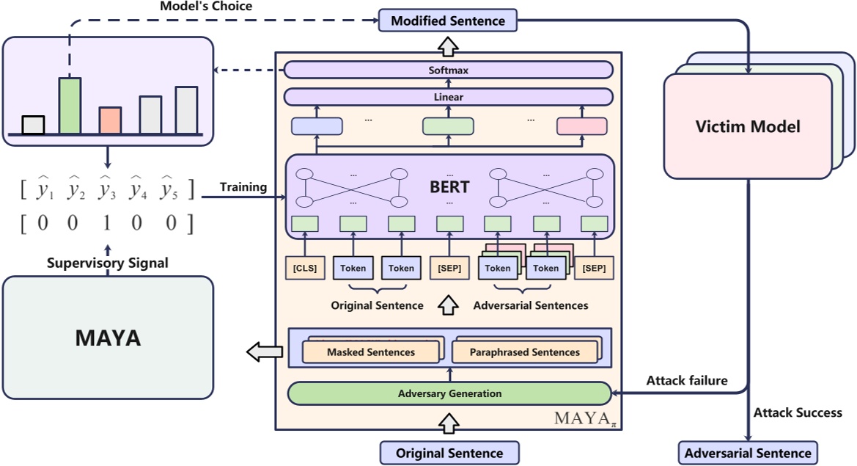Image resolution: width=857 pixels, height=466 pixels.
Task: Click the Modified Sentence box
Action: (448, 21)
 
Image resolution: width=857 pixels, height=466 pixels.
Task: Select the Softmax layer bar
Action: (448, 70)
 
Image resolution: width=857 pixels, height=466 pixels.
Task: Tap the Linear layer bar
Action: (448, 97)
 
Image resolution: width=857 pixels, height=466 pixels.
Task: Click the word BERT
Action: (449, 186)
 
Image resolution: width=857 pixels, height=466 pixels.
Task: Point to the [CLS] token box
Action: (305, 268)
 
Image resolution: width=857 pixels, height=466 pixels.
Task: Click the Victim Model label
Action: (748, 126)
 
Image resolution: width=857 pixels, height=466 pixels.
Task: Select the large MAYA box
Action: (108, 338)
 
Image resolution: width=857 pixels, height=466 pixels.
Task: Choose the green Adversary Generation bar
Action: (449, 393)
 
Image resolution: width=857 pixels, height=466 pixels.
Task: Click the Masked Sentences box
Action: (371, 352)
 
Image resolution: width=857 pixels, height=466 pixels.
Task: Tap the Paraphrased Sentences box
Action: (525, 352)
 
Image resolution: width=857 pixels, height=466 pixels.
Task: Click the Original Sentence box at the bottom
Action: (449, 453)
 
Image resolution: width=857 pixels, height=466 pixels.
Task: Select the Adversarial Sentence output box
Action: (748, 453)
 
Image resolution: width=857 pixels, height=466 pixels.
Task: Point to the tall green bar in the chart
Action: (70, 106)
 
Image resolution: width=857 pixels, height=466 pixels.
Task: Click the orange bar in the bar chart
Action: (110, 120)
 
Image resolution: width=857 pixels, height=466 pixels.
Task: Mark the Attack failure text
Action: (686, 381)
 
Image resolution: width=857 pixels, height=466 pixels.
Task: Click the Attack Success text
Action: (798, 412)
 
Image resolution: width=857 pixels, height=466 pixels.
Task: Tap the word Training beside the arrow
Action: (243, 187)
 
